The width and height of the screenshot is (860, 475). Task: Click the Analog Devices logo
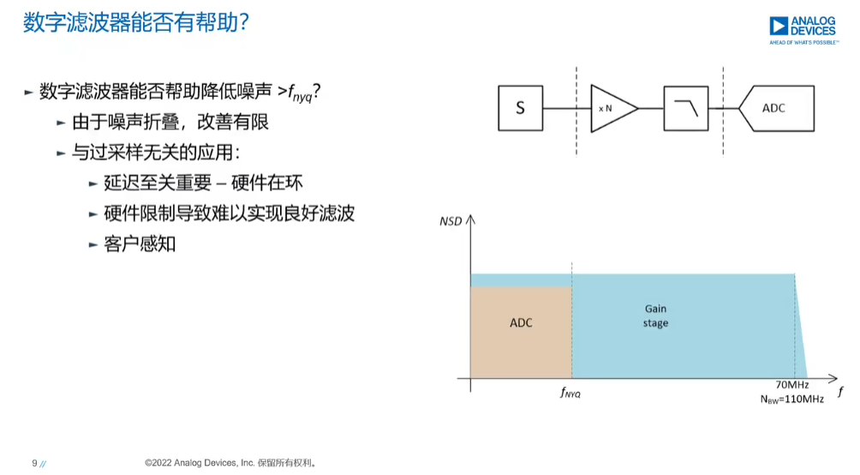[803, 30]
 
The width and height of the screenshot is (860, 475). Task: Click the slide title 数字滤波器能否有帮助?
[136, 23]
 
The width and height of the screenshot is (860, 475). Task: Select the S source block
[521, 108]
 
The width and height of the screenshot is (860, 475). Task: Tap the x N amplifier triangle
[614, 109]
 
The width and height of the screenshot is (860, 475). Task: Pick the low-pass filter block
[685, 108]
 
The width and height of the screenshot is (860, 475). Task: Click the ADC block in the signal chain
[777, 108]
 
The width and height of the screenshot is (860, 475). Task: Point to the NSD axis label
[451, 221]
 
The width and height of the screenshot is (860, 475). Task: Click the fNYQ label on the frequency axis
[570, 393]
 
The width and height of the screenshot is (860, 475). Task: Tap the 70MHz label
[792, 385]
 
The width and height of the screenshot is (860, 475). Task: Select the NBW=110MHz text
[792, 400]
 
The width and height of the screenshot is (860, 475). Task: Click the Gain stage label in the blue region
[655, 316]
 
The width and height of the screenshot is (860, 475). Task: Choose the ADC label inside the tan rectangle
[521, 323]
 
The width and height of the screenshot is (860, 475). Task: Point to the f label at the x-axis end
[840, 392]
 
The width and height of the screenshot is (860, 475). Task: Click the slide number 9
[34, 463]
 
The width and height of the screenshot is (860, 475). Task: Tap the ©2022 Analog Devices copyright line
[230, 463]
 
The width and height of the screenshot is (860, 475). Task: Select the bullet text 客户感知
[140, 244]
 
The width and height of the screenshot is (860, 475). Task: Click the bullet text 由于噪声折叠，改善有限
[170, 122]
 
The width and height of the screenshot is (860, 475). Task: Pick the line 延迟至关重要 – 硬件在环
[204, 183]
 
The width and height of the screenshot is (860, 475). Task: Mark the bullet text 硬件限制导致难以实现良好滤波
[230, 213]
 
